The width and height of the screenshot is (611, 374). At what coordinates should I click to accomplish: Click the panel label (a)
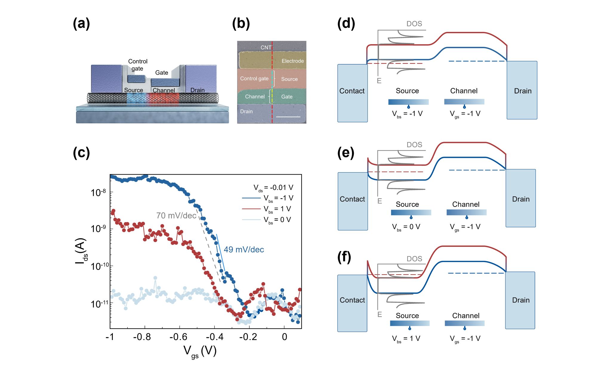[81, 24]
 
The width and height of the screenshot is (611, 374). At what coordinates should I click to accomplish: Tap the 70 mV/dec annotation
[176, 216]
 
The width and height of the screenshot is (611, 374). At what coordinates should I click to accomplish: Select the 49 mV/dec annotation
[244, 250]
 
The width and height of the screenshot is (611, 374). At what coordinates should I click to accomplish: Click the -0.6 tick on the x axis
[178, 337]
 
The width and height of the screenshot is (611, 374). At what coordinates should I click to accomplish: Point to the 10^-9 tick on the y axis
[98, 229]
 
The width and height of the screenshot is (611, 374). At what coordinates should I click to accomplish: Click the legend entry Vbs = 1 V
[277, 209]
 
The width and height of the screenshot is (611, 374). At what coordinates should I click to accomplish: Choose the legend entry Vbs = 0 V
[277, 220]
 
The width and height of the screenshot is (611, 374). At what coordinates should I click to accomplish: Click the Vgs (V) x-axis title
[200, 351]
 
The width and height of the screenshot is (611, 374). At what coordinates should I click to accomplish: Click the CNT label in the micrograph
[266, 47]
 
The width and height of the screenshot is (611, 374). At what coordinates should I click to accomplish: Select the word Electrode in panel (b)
[292, 61]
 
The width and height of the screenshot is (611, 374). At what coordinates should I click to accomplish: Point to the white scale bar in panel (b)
[288, 117]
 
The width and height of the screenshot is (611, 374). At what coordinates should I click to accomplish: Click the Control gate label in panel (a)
[138, 65]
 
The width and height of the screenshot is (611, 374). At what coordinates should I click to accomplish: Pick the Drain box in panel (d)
[522, 90]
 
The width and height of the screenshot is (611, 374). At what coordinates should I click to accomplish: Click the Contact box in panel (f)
[352, 300]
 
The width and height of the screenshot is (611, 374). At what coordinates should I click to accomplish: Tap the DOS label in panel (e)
[414, 145]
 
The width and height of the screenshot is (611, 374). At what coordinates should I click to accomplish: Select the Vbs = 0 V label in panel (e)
[406, 227]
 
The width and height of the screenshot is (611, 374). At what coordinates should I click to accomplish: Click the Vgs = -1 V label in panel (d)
[465, 114]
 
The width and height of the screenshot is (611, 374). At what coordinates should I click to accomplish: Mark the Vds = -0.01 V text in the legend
[273, 188]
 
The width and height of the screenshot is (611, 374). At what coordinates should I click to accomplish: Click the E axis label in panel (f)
[379, 314]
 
